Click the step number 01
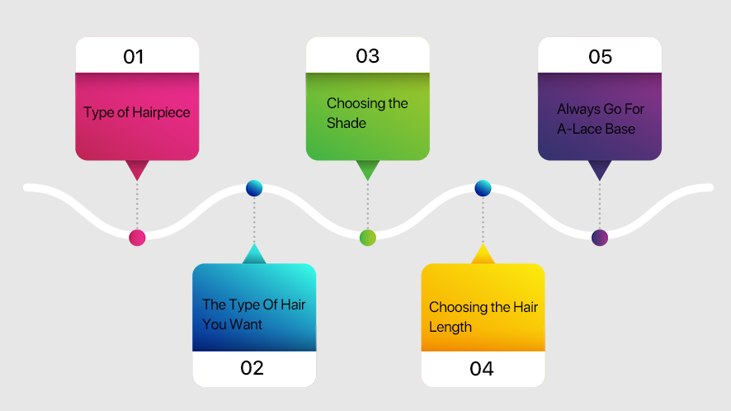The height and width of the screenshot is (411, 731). [x=134, y=57]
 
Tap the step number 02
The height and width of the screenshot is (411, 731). [x=252, y=368]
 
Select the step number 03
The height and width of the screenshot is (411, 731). [x=367, y=56]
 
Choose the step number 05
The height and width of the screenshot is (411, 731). [x=600, y=57]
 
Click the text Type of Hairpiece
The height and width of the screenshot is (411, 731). [x=137, y=113]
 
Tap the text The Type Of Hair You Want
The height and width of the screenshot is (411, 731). [x=253, y=314]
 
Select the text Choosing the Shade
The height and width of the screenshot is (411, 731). [x=367, y=113]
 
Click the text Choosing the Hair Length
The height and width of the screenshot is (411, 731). [x=483, y=317]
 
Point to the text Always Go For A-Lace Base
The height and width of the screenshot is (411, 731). [x=600, y=119]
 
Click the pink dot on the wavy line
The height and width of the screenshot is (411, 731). [x=137, y=238]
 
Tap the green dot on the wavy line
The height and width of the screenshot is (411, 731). [x=368, y=238]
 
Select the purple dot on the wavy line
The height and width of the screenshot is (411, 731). [x=600, y=238]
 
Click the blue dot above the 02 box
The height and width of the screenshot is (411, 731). [x=254, y=188]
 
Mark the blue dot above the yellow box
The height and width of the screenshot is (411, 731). [x=483, y=188]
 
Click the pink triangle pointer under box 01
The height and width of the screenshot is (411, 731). [x=137, y=168]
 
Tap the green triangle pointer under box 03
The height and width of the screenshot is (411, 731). [x=368, y=168]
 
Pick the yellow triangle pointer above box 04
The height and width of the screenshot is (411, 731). [x=483, y=255]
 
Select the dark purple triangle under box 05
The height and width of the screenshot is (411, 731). [x=600, y=168]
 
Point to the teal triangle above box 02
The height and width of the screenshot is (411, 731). [x=254, y=255]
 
